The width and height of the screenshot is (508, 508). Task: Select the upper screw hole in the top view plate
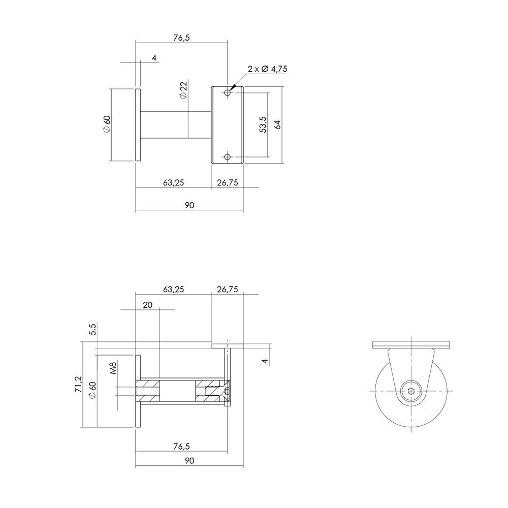click(227, 93)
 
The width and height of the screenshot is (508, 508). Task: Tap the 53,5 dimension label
click(262, 125)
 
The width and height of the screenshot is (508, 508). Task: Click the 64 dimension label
click(278, 125)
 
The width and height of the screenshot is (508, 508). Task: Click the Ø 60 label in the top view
click(107, 124)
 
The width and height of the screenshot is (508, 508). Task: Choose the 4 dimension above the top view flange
click(154, 58)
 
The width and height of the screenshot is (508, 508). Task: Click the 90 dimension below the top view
click(188, 206)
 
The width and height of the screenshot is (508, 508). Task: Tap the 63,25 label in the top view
click(173, 183)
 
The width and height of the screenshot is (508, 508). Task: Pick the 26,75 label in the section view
click(227, 289)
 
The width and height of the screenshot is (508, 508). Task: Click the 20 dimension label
click(148, 305)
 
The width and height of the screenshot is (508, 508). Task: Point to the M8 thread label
click(114, 367)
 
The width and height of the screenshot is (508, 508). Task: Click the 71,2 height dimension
click(78, 385)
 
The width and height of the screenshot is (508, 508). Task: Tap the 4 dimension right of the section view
click(264, 361)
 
